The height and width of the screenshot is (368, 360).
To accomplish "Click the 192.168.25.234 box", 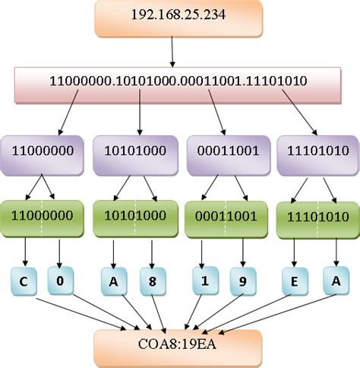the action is point(178,18).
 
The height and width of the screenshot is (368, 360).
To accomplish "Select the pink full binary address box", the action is point(178,85).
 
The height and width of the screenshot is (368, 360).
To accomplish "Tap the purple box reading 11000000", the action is point(43,155).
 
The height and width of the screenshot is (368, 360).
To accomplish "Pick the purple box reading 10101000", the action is point(135,155).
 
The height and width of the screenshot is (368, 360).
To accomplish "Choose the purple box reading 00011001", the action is point(229,155).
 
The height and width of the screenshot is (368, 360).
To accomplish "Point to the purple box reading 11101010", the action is point(318,155).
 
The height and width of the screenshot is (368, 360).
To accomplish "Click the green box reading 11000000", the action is point(43,219).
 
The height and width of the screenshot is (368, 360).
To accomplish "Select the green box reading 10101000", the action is point(135,219).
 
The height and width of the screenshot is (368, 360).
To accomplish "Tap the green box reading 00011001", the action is point(226,220).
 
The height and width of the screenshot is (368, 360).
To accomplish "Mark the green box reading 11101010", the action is point(318,220).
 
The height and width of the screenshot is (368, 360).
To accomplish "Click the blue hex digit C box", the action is point(24,281).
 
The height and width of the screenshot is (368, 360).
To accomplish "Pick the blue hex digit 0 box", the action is point(61,281).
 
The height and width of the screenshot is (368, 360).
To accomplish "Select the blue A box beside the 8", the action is point(114,281).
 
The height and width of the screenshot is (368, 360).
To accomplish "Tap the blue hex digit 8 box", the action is point(153,281).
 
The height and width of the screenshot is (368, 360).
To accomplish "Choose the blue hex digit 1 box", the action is point(205,281).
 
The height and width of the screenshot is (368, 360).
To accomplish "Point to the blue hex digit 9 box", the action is point(243,281).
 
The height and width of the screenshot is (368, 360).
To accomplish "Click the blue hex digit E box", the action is point(295,281).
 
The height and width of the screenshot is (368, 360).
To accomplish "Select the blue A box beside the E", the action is point(336,281).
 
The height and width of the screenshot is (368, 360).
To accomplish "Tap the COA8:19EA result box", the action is point(178,349).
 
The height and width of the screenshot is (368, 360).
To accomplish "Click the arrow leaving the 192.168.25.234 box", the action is point(172,52).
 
